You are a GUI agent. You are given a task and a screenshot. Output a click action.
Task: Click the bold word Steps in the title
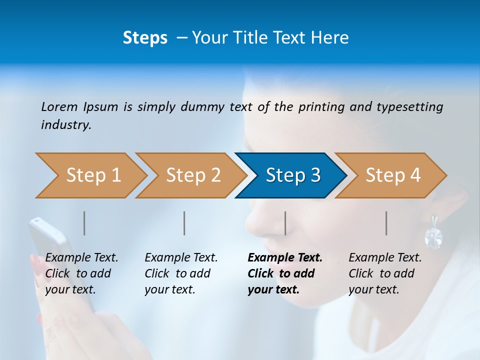click(145, 37)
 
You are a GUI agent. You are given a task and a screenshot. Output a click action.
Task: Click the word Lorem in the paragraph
click(59, 106)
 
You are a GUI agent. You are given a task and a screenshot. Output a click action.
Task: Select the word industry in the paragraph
click(66, 124)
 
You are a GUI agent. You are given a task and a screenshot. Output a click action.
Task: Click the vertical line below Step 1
click(84, 223)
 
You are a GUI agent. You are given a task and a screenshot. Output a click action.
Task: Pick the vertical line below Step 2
click(184, 223)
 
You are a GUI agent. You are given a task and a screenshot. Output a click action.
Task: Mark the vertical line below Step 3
click(285, 223)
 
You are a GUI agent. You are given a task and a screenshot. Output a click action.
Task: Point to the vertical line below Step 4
click(386, 223)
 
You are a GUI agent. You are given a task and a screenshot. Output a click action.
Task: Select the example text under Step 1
click(81, 273)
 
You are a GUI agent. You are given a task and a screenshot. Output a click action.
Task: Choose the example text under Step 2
click(181, 273)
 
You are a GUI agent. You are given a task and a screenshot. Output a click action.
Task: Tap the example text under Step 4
click(385, 273)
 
